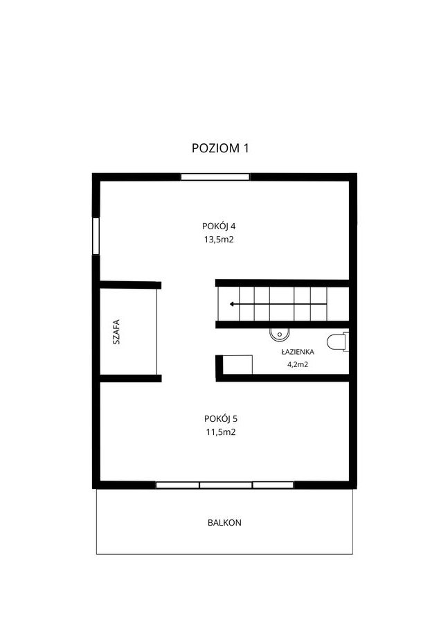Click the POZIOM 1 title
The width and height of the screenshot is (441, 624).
coord(220,148)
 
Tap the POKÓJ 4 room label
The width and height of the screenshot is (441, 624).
coord(219,226)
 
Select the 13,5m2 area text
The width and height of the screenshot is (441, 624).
coord(219,240)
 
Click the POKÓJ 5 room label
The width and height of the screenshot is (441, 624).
coord(221,418)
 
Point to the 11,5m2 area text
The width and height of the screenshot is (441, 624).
coord(221,432)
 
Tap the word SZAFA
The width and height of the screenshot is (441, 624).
coord(116,332)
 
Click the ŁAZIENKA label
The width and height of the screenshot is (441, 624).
coord(298,352)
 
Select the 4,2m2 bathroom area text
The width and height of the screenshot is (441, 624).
coord(298,364)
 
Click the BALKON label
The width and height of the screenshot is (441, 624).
coord(224,522)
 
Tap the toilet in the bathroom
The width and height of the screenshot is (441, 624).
coord(338,342)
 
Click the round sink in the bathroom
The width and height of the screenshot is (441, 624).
coord(280,335)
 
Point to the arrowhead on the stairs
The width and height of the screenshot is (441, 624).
coord(232,305)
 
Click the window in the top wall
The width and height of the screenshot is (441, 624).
coord(215,177)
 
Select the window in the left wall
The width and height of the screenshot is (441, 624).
coord(96,236)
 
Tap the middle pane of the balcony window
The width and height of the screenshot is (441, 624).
coord(226,485)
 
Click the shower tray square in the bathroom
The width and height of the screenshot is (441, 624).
coord(237,365)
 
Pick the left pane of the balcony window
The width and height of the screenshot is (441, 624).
coord(177,485)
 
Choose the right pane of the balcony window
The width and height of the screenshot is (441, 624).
coord(273,485)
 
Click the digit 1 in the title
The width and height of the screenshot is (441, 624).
coord(246,148)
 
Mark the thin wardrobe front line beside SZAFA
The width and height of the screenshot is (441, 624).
coord(157,332)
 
